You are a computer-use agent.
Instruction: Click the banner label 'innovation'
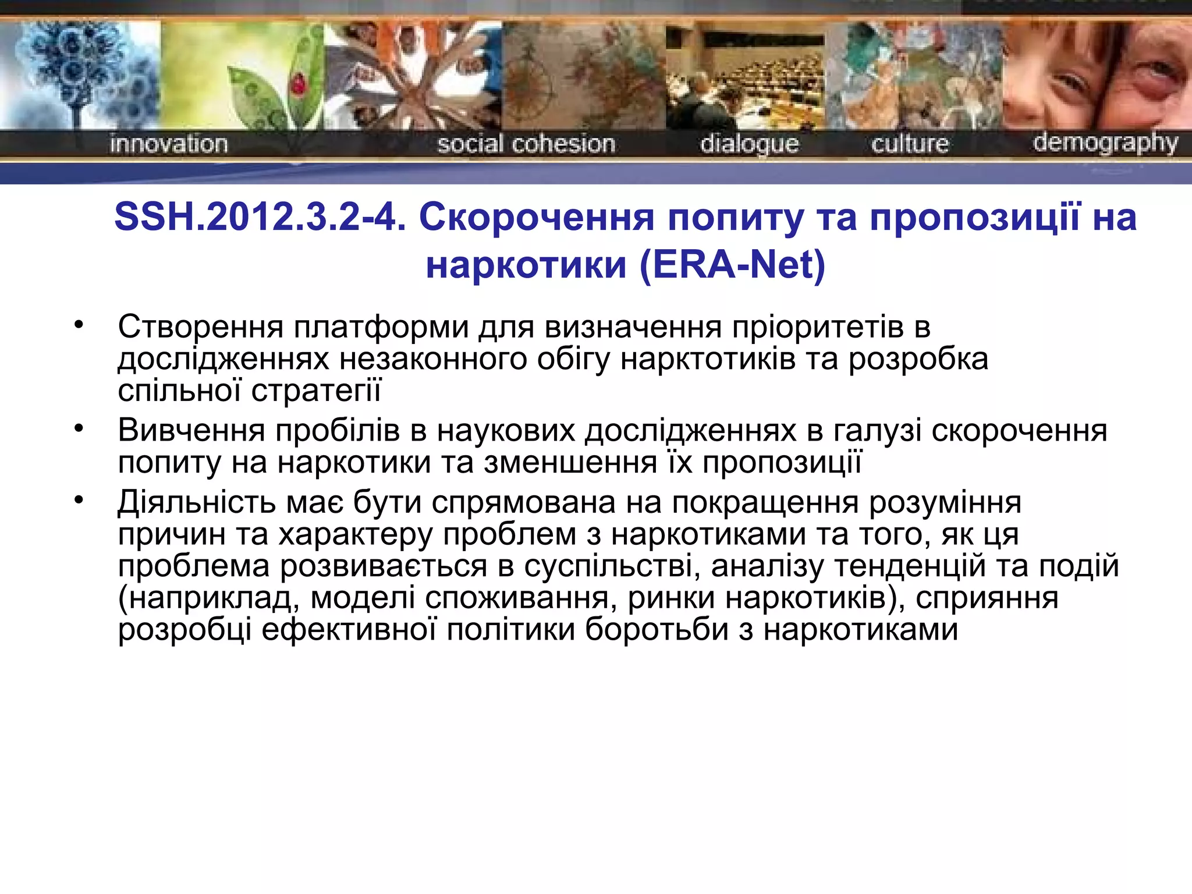tap(168, 144)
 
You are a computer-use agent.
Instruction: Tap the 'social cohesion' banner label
tap(526, 144)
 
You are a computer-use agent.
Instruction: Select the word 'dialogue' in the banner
tap(749, 144)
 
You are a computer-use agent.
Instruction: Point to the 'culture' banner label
tap(910, 144)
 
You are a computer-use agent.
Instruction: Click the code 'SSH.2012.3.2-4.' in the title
tap(260, 217)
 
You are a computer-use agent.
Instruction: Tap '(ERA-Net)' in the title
tap(732, 265)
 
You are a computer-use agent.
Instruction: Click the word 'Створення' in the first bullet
tap(200, 327)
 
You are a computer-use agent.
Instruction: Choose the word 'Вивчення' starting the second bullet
tap(191, 431)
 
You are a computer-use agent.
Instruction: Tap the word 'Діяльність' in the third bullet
tap(197, 502)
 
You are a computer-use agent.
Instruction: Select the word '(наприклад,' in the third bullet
tap(209, 598)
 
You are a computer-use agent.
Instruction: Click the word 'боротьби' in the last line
tap(657, 630)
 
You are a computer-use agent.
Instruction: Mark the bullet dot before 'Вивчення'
tap(79, 429)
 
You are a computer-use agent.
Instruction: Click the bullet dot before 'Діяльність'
tap(79, 501)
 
